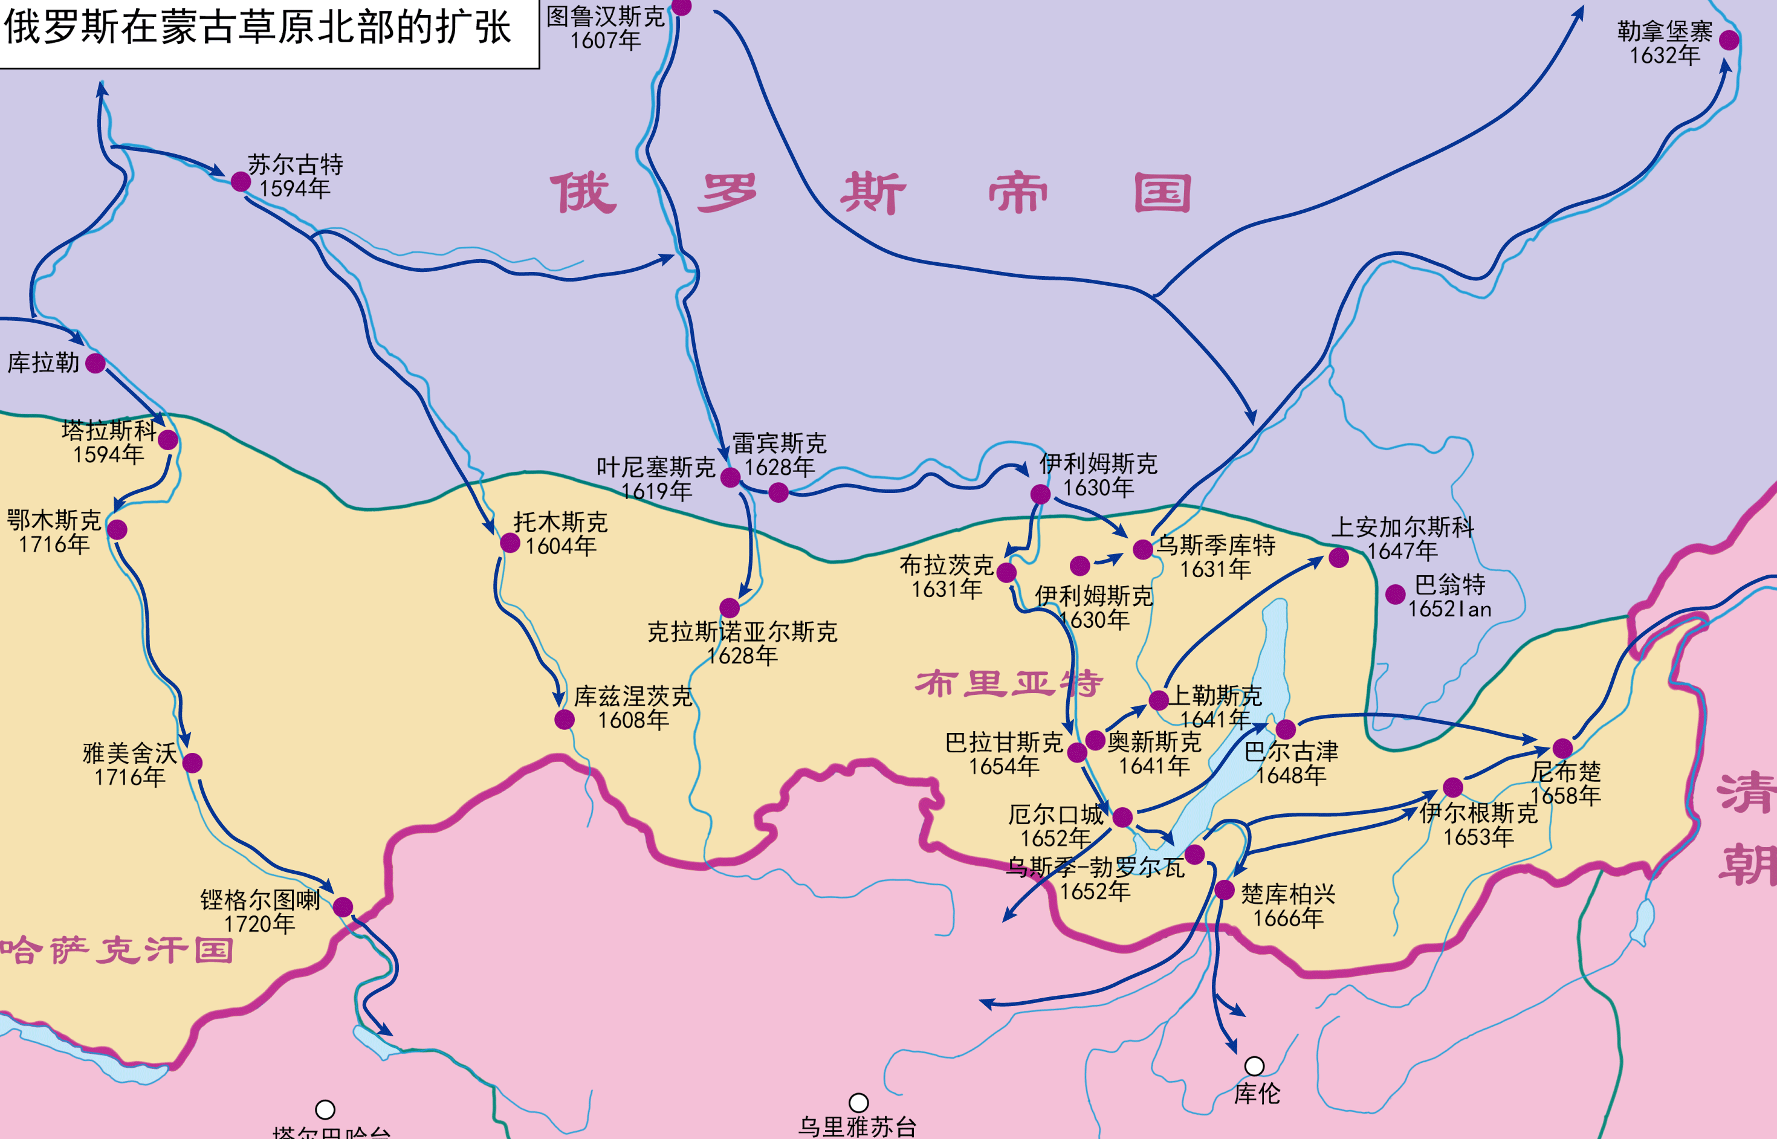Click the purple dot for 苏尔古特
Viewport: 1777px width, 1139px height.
click(241, 181)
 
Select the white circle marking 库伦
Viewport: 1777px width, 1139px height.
click(1254, 1066)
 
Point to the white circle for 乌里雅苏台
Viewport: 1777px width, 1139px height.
click(858, 1103)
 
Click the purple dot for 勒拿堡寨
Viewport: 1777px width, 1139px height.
click(1729, 40)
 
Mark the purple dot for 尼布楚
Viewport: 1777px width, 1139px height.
click(1562, 749)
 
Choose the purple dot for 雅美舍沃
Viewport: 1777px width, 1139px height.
click(192, 763)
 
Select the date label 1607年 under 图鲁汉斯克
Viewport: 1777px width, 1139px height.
click(605, 40)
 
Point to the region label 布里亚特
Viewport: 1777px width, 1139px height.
click(1009, 683)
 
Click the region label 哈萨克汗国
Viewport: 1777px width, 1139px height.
click(117, 950)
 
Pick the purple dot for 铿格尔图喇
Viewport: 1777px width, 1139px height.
click(343, 907)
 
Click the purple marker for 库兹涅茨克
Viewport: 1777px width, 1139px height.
click(565, 720)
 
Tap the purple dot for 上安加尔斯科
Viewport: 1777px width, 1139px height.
click(1338, 558)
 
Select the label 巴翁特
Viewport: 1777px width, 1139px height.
click(1449, 585)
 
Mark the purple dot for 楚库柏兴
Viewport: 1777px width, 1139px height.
click(1225, 890)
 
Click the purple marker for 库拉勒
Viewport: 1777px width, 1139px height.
click(95, 363)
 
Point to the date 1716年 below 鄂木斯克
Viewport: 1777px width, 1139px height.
click(53, 544)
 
